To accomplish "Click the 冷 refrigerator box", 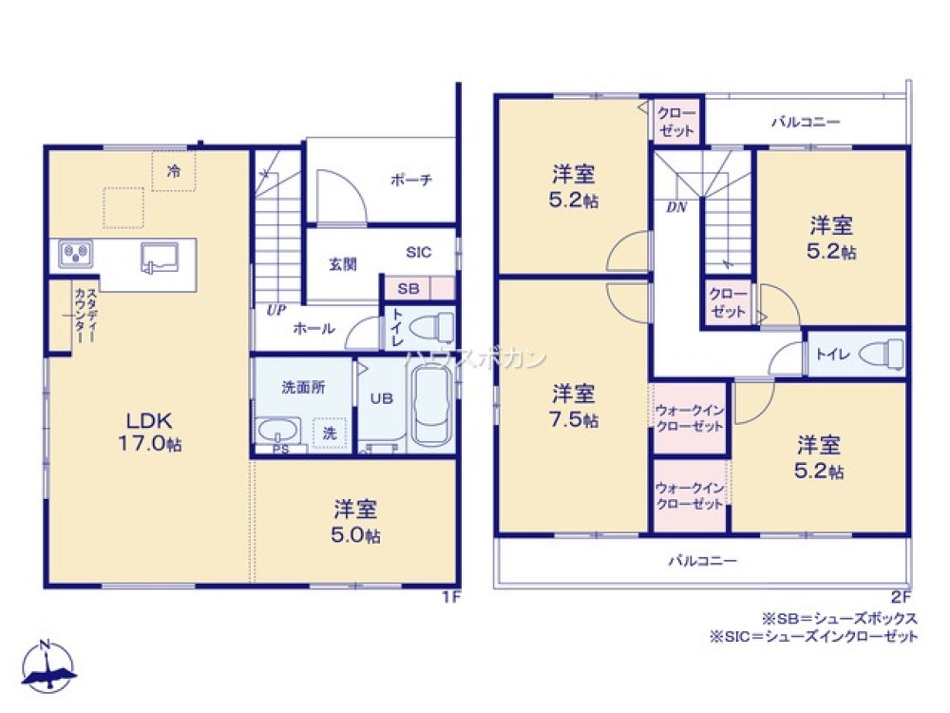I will pos(174,171).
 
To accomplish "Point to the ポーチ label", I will pos(411,180).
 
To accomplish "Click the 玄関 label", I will pos(343,264).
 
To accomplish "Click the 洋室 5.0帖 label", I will pos(356,522).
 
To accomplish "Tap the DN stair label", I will pos(676,205).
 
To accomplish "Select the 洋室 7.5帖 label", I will pos(575,405).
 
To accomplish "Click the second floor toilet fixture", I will pos(880,355).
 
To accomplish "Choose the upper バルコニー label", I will pos(805,123).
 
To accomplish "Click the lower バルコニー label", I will pos(701,561).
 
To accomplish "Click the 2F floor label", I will pos(901,597).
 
